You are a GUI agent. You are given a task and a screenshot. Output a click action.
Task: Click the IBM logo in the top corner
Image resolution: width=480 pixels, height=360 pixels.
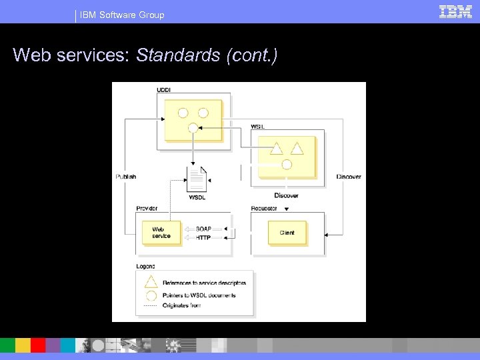pos(456,11)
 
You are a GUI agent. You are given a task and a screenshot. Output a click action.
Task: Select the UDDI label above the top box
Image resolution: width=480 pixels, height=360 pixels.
pos(163,90)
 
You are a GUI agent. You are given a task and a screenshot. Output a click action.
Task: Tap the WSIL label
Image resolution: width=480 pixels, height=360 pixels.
pos(257,127)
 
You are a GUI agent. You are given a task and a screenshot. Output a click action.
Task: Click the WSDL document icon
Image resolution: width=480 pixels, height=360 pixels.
pos(197,179)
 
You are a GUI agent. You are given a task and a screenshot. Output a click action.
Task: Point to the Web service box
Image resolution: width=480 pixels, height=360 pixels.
pos(161,233)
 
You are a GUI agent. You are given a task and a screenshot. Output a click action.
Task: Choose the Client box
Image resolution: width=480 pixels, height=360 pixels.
pos(287,233)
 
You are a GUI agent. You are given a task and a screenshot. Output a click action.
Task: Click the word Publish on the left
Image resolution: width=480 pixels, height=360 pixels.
pos(125,177)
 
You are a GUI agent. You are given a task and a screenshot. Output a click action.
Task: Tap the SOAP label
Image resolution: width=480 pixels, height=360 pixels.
pos(203,229)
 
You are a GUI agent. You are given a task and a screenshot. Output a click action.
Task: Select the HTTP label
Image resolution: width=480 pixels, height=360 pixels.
pos(203,237)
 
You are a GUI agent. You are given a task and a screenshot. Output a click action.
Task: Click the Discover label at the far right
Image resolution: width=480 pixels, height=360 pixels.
pos(349,177)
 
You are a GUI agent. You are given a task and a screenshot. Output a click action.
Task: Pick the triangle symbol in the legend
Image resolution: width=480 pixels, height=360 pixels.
pos(151,282)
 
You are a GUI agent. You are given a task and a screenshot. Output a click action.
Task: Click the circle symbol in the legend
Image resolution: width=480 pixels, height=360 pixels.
pos(151,295)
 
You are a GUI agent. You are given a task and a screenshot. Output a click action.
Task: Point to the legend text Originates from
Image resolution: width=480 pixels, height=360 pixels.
pos(181,306)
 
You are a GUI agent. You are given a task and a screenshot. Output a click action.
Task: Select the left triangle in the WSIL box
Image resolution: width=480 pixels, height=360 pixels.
pos(276,147)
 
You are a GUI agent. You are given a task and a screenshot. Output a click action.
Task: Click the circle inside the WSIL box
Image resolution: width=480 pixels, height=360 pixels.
pos(287,164)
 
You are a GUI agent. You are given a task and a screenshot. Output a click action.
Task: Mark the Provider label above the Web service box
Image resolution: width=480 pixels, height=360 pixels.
pos(147,209)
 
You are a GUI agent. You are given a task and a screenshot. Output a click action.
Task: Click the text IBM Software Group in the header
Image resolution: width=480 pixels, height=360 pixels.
pos(122,15)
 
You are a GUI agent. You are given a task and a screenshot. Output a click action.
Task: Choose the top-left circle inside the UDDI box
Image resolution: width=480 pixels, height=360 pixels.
pos(182,113)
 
